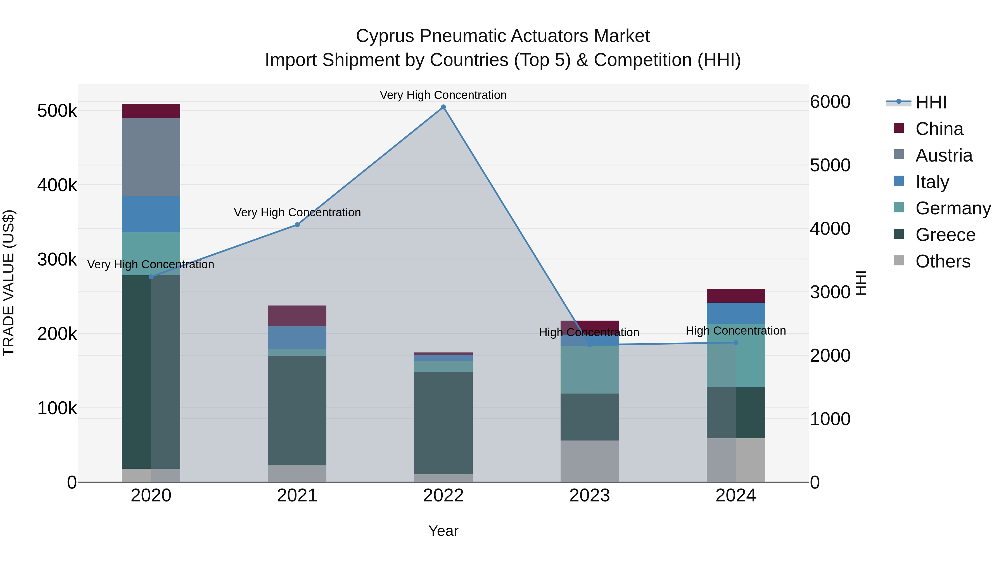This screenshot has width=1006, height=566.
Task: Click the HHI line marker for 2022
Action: [443, 107]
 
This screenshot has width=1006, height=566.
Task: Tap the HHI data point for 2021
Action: [297, 225]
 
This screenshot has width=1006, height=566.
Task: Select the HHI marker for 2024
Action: [736, 343]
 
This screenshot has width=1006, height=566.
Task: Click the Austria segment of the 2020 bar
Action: [151, 157]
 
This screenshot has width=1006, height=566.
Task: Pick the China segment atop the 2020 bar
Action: [151, 111]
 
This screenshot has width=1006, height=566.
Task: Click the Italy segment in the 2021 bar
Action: [297, 338]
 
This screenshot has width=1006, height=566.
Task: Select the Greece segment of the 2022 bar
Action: [443, 423]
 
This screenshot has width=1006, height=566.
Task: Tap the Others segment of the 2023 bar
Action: [590, 461]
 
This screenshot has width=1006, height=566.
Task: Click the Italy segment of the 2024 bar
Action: [736, 313]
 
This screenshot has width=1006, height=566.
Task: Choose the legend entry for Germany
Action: [942, 208]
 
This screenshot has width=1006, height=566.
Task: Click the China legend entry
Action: [928, 129]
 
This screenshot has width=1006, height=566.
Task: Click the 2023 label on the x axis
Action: [590, 496]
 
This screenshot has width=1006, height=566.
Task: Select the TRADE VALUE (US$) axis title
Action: [9, 283]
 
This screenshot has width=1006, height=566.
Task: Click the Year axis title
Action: [443, 531]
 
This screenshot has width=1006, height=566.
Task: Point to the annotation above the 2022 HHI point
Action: [443, 95]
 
